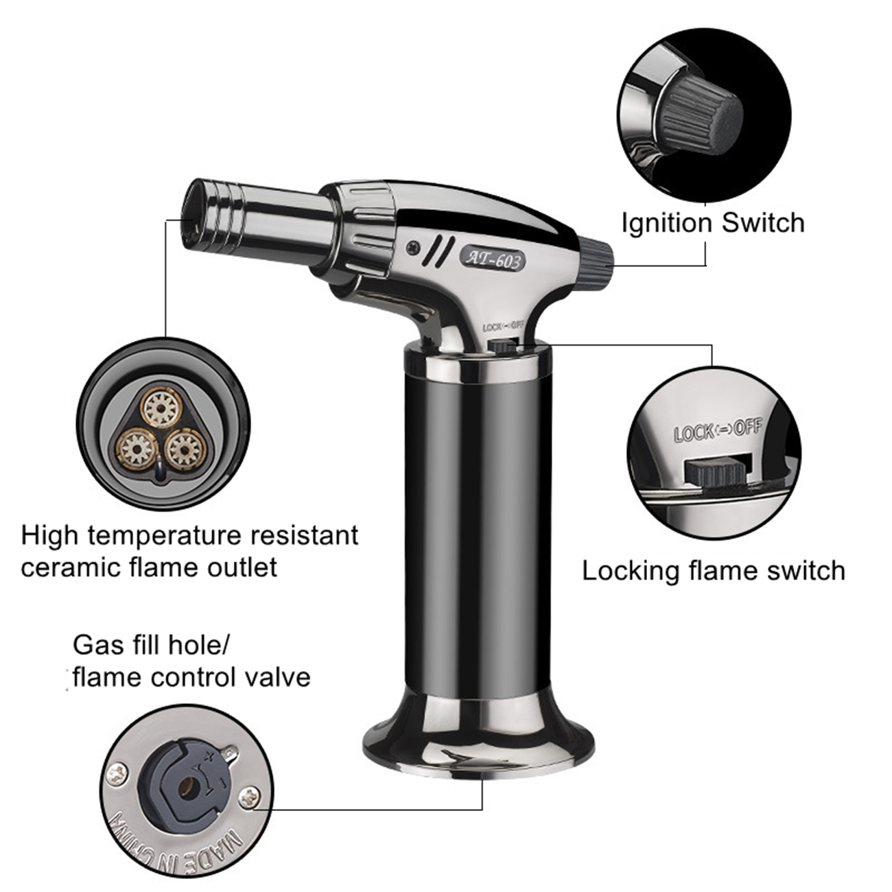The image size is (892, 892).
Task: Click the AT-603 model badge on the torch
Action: (x=492, y=259)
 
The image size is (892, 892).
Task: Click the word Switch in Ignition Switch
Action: (x=763, y=222)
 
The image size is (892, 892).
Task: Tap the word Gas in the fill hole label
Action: (x=93, y=645)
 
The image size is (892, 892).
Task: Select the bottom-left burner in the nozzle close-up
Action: (x=136, y=448)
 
